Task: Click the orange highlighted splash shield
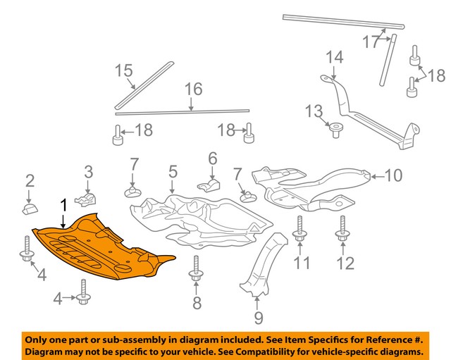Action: [x=106, y=250]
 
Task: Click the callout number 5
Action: [x=172, y=171]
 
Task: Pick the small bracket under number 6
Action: [x=209, y=185]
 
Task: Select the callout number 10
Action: [x=393, y=174]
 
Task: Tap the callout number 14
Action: [x=334, y=57]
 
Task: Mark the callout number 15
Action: [x=124, y=70]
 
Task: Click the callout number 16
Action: [x=193, y=89]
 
